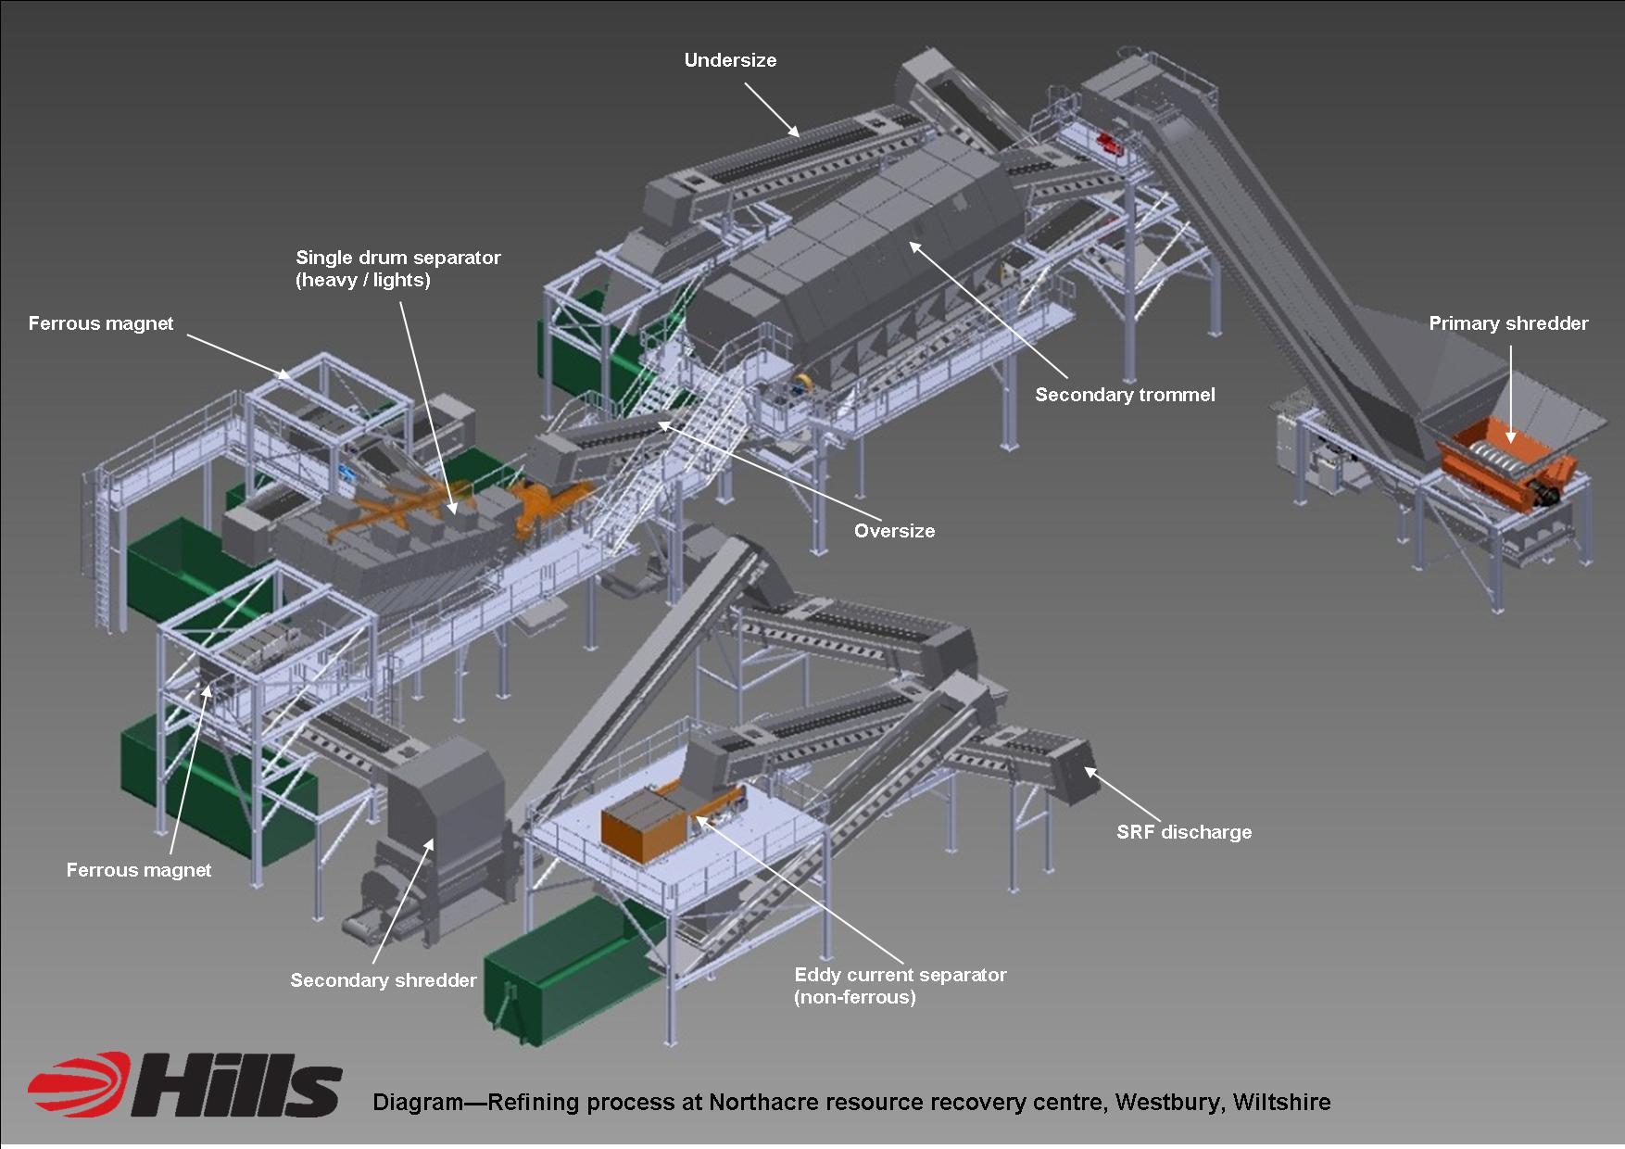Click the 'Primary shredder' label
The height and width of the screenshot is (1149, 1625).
coord(1508,323)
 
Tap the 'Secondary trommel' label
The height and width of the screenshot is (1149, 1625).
coord(1125,395)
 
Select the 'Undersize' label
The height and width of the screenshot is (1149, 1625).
coord(730,60)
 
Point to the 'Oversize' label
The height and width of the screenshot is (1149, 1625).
coord(894,531)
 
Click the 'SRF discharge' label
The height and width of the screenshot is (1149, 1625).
coord(1184,832)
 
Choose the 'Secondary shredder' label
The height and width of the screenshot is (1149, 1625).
coord(384,980)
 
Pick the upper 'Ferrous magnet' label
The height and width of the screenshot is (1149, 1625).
coord(101,323)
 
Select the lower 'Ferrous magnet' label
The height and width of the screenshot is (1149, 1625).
coord(139,870)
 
